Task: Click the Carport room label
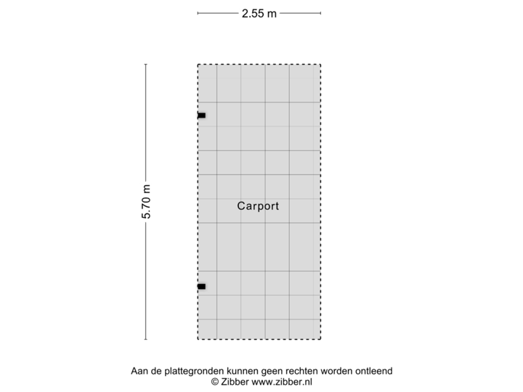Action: tap(258, 206)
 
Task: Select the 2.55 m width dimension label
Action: tap(259, 12)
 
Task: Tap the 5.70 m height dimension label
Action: tap(146, 202)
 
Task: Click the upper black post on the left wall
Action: tap(200, 115)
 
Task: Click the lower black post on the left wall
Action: tap(200, 287)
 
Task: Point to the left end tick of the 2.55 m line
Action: tap(198, 12)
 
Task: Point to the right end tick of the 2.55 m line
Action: tap(321, 12)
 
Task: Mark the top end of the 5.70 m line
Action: tap(146, 65)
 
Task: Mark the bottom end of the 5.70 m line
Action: tap(146, 339)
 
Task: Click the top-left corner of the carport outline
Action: tap(198, 65)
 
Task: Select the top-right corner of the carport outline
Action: tap(321, 65)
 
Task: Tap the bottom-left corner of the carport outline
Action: tap(198, 339)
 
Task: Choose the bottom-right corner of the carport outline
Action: tap(321, 339)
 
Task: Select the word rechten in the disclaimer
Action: tap(309, 371)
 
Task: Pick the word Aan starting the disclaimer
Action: tap(139, 371)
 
